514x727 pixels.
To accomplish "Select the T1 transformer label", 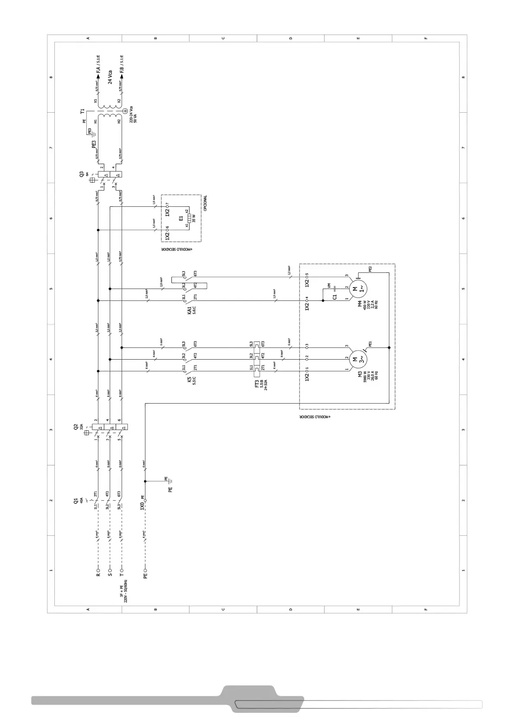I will coord(82,111).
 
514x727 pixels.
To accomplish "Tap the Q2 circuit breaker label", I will coord(76,427).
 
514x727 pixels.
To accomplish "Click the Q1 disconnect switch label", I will coord(76,501).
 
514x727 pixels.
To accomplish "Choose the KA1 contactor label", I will coord(189,311).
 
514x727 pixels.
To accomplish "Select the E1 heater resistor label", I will coord(181,219).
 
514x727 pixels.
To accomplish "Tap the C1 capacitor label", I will coord(334,297).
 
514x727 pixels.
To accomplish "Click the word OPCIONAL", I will coord(205,203).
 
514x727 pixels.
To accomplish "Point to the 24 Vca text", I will coord(110,77).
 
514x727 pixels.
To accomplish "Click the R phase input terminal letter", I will coord(98,575).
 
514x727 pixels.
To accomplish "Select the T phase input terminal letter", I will coord(122,575).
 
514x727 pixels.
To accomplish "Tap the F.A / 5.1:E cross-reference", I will coord(98,64).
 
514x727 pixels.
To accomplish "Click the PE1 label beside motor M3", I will coord(370,344).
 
